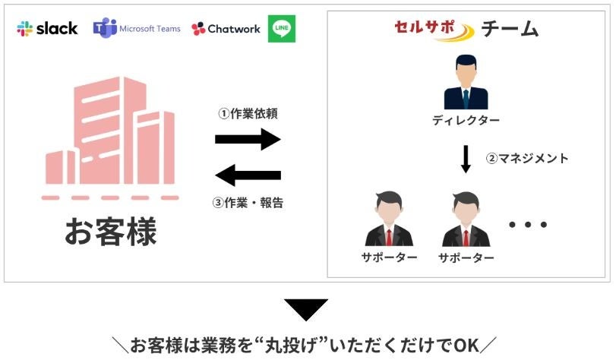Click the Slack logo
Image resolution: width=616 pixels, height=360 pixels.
[47, 29]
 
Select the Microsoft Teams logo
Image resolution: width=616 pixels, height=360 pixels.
[137, 29]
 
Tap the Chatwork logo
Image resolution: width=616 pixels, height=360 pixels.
[226, 29]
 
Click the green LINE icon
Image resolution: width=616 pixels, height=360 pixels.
[282, 29]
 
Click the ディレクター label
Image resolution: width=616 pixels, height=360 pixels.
[466, 121]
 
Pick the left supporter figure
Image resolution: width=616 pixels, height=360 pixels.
[389, 219]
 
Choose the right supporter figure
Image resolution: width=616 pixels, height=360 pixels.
[466, 219]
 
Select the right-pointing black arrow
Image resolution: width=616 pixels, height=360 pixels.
[248, 139]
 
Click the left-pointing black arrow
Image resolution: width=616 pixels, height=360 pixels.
[248, 175]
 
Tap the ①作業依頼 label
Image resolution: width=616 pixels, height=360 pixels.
[248, 114]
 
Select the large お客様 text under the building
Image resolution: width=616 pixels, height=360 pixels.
[111, 232]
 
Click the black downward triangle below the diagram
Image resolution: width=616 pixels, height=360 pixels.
[306, 309]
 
